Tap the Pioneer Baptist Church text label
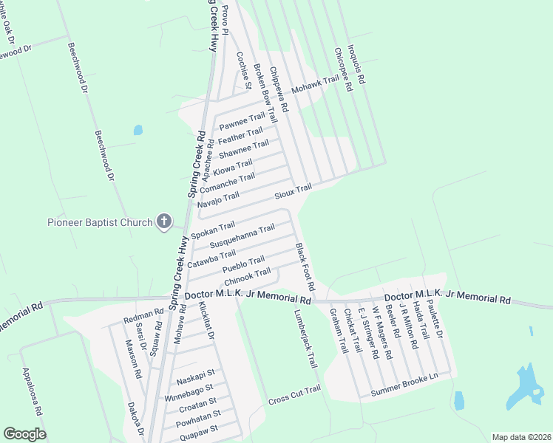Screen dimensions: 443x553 99,221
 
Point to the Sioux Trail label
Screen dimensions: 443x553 293,192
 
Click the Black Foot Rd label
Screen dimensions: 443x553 305,266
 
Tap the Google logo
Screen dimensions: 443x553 24,434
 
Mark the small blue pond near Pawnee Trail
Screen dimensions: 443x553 138,131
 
